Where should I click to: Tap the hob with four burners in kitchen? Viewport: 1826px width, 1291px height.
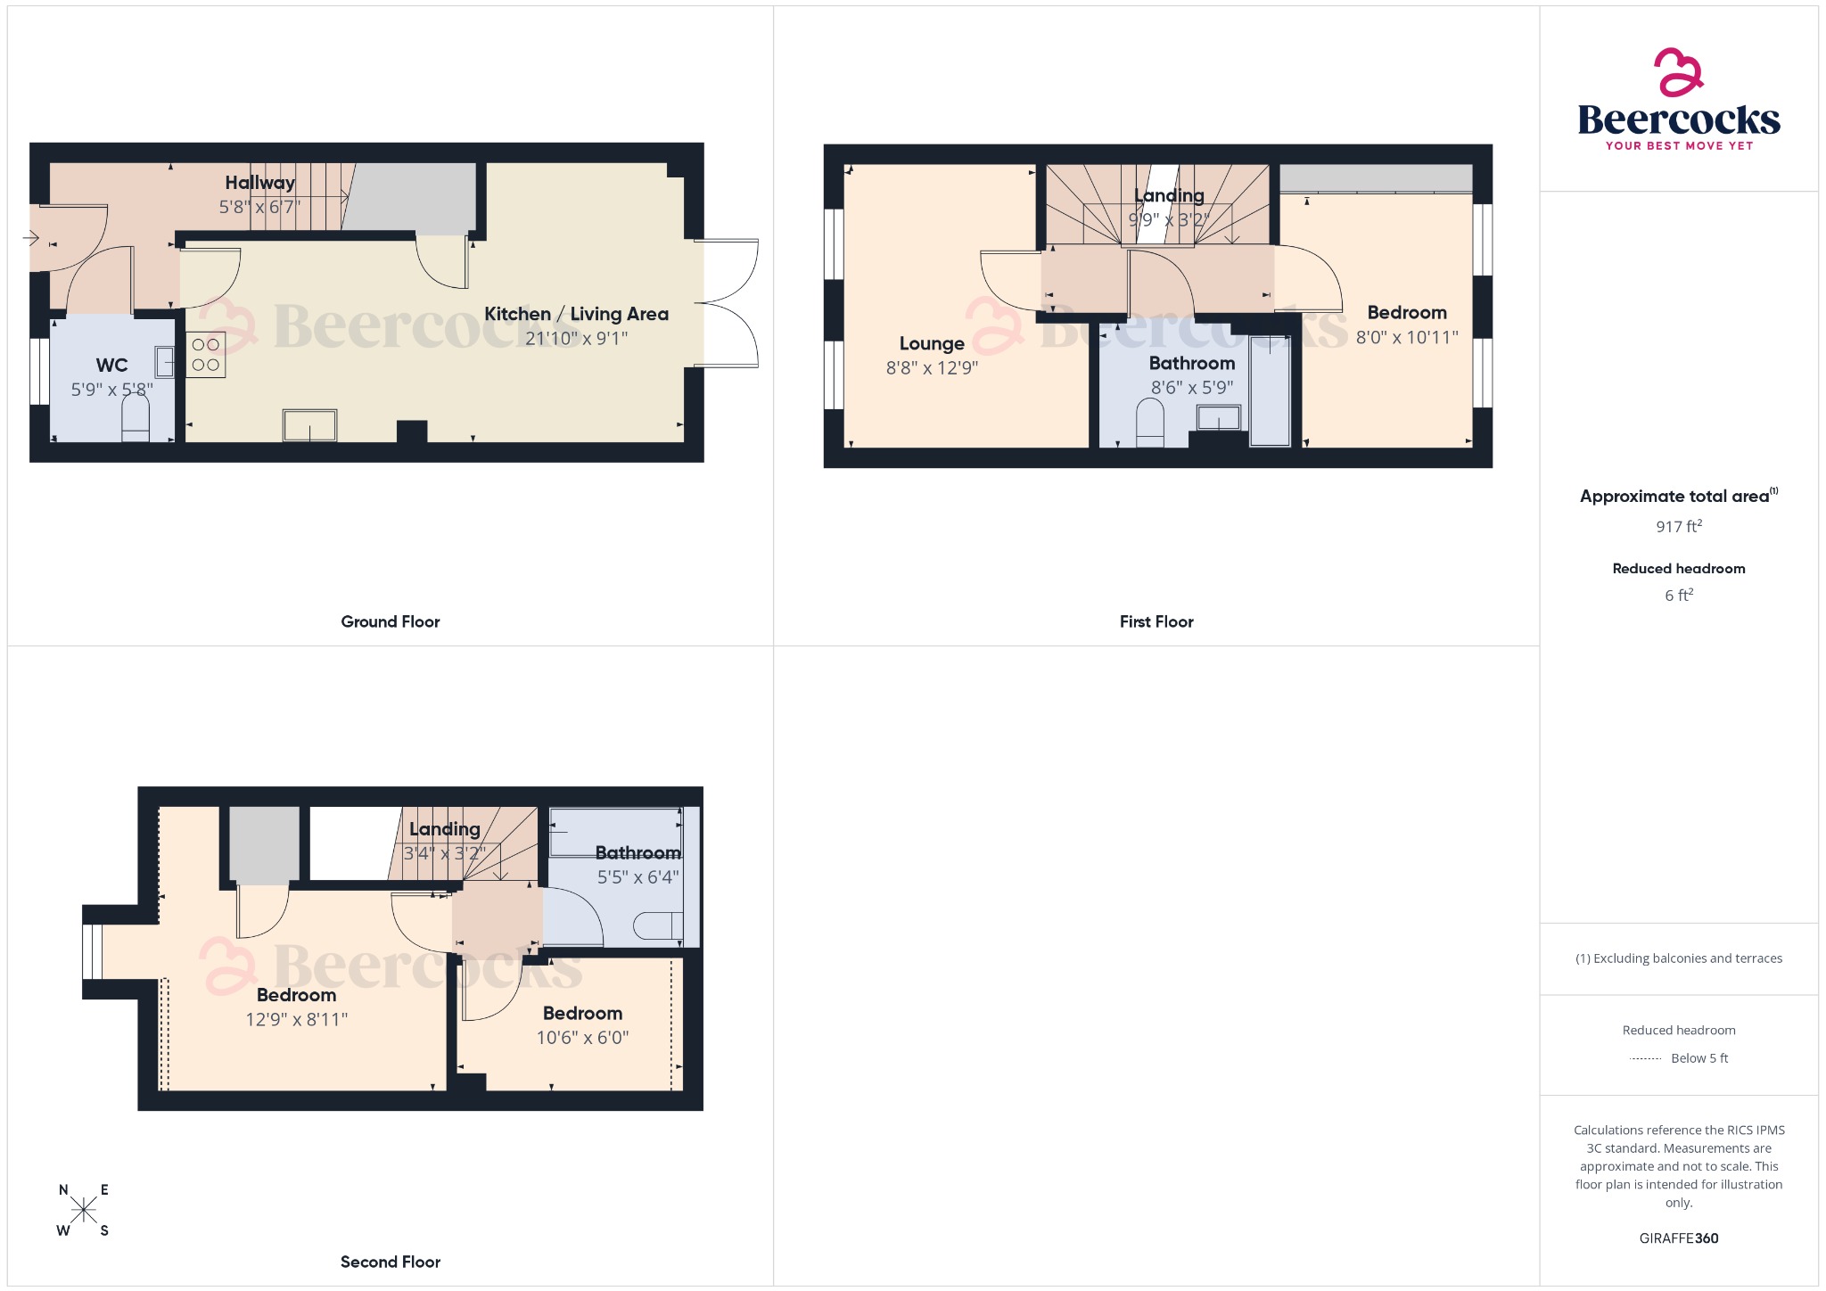205,354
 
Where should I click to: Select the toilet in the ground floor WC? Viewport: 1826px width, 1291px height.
136,418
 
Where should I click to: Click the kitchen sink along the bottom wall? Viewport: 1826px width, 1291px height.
309,425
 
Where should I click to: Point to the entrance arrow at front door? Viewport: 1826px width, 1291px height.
30,238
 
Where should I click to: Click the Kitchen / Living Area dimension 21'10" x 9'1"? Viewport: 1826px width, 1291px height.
576,339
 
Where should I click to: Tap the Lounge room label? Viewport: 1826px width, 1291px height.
932,343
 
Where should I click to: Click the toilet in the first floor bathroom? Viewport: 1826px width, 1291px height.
1150,423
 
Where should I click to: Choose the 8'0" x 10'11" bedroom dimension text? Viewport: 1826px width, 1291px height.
1406,337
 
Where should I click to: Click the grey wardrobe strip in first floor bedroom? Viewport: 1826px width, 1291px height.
1376,177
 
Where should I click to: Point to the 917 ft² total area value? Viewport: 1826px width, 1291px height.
1678,526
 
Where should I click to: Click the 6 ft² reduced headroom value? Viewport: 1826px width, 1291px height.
1678,595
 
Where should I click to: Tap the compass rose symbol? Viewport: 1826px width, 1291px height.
83,1210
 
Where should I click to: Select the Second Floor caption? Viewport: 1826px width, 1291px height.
390,1262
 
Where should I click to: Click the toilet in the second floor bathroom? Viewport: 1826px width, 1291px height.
658,926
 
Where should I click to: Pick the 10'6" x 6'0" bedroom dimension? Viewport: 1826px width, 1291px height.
582,1038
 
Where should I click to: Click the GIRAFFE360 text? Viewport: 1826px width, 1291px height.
1678,1238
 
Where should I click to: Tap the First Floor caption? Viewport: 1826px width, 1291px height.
1156,621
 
